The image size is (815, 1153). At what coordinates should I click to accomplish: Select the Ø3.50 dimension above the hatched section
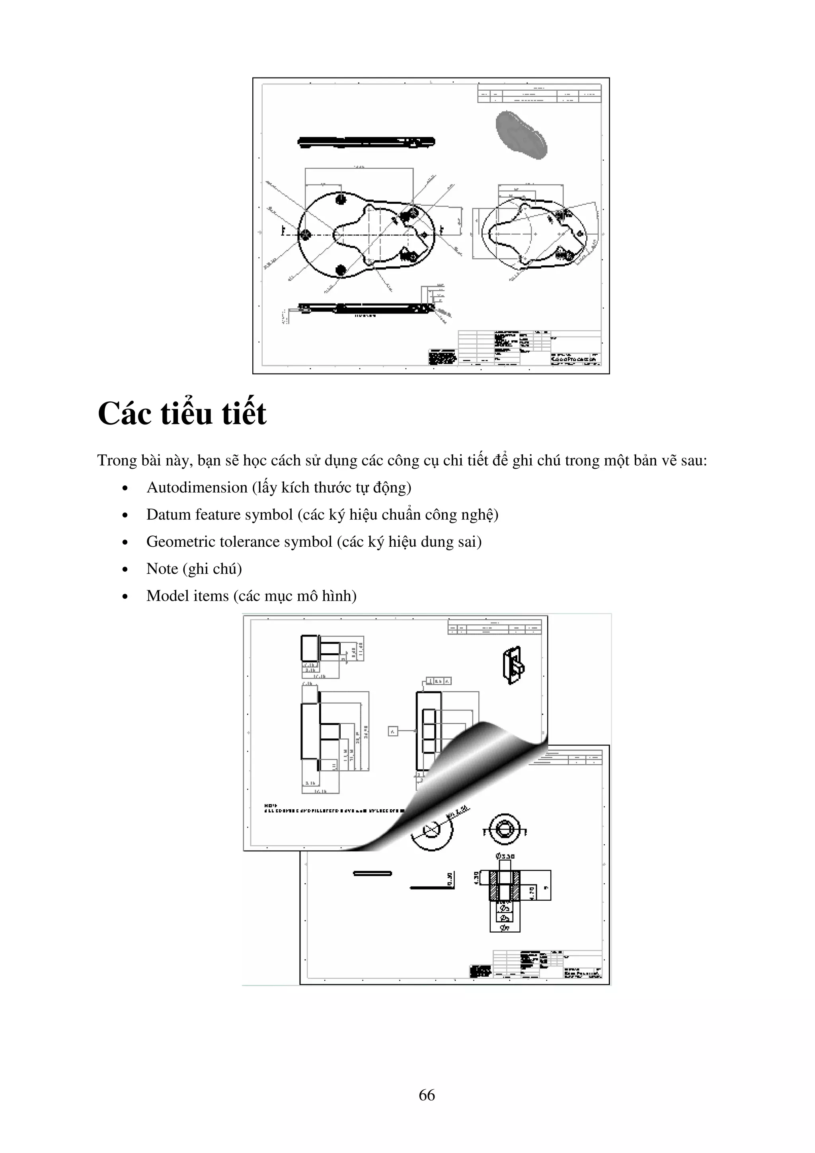[505, 856]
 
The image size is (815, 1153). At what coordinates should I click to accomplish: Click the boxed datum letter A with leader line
[393, 731]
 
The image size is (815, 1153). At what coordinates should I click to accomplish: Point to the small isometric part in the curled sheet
[513, 665]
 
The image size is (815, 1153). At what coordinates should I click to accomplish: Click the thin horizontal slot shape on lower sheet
[372, 873]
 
